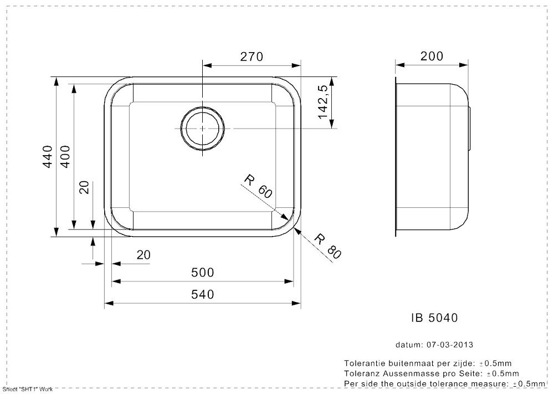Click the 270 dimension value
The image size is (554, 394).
252,57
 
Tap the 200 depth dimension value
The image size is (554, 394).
432,56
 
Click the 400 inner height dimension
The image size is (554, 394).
65,156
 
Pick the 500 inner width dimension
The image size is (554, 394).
202,273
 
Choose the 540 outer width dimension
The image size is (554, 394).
202,294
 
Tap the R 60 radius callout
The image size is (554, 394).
258,186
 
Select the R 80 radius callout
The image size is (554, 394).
327,246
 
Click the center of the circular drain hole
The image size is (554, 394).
202,128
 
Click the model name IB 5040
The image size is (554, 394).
434,318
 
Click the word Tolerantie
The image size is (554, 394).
365,364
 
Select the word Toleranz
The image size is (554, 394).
361,373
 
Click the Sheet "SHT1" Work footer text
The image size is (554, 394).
28,390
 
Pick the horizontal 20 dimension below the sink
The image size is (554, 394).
143,255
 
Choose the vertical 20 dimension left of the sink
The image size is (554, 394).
84,187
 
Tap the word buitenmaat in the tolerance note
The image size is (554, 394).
408,364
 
